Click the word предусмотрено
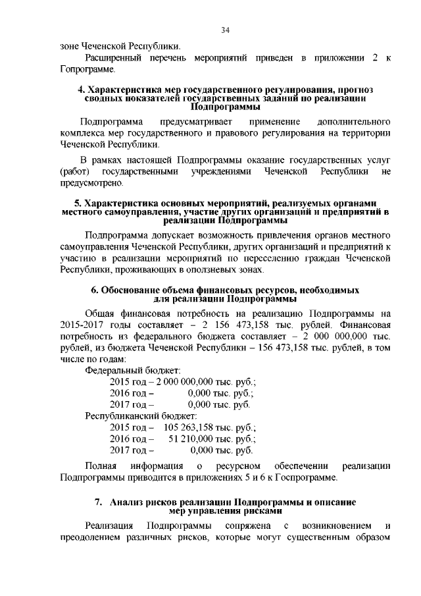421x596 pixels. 91,182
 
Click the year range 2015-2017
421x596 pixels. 84,325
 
